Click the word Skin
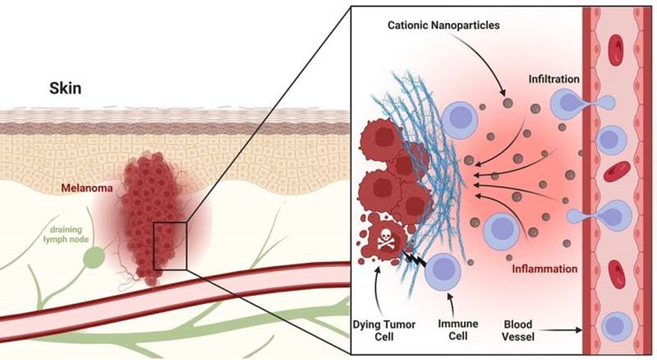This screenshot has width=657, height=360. click(x=65, y=89)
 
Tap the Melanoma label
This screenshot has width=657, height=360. click(x=87, y=188)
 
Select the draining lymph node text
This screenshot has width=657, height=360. click(x=69, y=234)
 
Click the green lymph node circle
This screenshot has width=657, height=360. click(x=94, y=257)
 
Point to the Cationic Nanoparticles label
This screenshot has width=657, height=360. click(x=443, y=25)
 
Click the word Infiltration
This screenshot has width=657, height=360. click(x=554, y=79)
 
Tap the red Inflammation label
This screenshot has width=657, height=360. click(x=545, y=269)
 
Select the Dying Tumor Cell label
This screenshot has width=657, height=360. click(x=384, y=330)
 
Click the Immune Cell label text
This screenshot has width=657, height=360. click(x=458, y=330)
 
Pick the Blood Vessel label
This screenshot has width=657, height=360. click(x=518, y=330)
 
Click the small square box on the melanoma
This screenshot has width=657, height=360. click(x=170, y=246)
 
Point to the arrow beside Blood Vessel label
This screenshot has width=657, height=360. click(x=559, y=330)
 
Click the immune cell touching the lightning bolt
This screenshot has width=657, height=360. click(x=443, y=271)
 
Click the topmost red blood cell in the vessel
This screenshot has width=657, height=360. click(x=616, y=50)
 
